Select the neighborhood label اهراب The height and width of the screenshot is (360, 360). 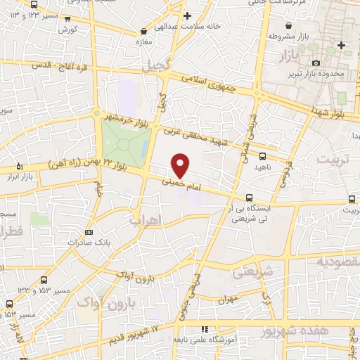click(x=146, y=220)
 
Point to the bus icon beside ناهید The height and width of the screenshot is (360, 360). click(x=263, y=156)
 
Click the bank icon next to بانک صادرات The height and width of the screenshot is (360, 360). click(x=89, y=232)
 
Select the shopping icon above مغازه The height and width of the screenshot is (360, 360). click(x=143, y=31)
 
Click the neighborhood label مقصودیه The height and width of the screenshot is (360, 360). click(x=338, y=262)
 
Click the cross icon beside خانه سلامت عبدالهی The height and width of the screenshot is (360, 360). click(x=186, y=15)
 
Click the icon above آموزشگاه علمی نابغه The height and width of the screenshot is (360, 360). click(x=205, y=328)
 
